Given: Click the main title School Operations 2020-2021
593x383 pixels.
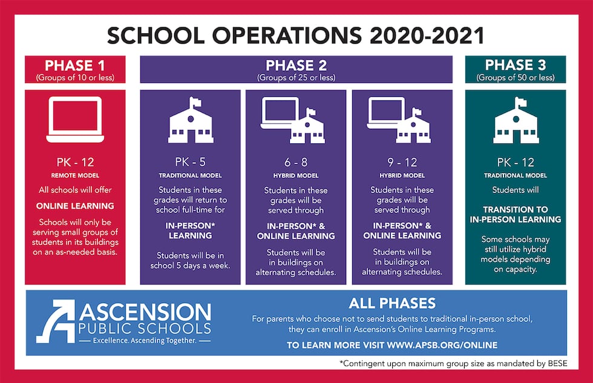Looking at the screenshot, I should click(296, 35).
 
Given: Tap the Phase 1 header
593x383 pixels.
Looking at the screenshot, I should click(75, 65).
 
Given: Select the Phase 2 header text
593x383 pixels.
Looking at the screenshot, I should click(296, 65).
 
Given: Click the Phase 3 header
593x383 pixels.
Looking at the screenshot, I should click(516, 65).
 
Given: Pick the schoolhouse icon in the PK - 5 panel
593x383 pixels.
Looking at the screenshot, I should click(190, 120).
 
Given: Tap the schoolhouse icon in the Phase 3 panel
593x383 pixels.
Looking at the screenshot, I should click(516, 120).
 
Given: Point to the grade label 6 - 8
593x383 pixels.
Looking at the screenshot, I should click(296, 162).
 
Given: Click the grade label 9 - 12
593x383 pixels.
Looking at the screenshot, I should click(402, 162).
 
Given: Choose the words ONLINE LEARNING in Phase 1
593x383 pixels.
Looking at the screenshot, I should click(75, 206).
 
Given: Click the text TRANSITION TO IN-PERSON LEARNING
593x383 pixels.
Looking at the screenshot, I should click(516, 214).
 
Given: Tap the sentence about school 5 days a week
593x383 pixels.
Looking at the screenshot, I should click(190, 260).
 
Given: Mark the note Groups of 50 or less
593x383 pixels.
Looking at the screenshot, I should click(516, 77).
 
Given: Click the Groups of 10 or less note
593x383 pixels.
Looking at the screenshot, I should click(75, 77).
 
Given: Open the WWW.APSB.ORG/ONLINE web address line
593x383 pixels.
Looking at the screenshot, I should click(392, 345).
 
